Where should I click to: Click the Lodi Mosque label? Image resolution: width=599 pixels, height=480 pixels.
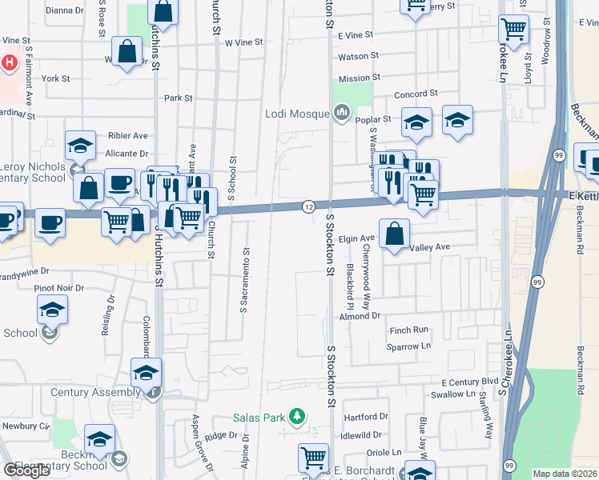pyautogui.click(x=297, y=114)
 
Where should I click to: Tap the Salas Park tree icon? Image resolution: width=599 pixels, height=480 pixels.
pyautogui.click(x=297, y=416)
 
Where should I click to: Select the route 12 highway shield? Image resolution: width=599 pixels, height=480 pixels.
pyautogui.click(x=308, y=206)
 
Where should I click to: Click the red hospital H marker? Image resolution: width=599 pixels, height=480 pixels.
pyautogui.click(x=9, y=62)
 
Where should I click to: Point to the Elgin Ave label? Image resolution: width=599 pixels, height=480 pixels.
pyautogui.click(x=357, y=238)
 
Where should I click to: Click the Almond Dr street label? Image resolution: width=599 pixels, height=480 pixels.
pyautogui.click(x=358, y=317)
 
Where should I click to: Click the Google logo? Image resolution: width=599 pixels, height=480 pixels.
pyautogui.click(x=27, y=470)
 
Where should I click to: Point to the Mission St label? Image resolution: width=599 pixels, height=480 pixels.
pyautogui.click(x=359, y=78)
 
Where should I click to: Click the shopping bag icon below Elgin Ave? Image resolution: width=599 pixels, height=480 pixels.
pyautogui.click(x=395, y=234)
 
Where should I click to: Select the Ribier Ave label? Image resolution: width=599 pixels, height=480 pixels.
pyautogui.click(x=129, y=136)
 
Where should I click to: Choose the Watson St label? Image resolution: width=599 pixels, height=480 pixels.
pyautogui.click(x=358, y=56)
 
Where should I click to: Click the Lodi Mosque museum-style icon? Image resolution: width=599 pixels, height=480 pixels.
pyautogui.click(x=343, y=113)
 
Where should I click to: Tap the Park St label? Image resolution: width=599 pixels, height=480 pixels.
pyautogui.click(x=178, y=98)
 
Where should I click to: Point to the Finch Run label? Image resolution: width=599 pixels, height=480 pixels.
pyautogui.click(x=409, y=330)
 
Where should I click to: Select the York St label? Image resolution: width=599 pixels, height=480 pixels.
pyautogui.click(x=56, y=79)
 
